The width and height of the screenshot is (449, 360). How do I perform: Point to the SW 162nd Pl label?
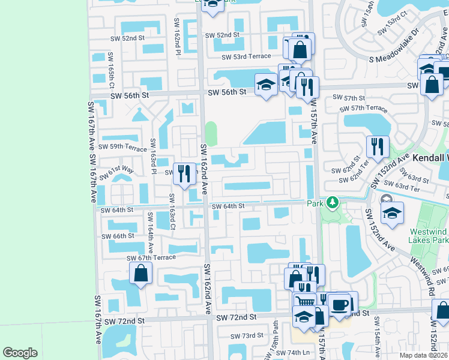tap(178, 42)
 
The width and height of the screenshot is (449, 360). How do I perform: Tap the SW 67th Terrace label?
tap(151, 257)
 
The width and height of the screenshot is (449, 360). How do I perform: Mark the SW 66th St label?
tap(117, 236)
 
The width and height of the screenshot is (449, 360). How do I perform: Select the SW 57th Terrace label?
tap(363, 109)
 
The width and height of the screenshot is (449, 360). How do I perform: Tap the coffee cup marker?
tap(341, 304)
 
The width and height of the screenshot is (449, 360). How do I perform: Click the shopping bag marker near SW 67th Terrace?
tap(140, 275)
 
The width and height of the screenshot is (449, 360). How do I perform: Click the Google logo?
tap(20, 353)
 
